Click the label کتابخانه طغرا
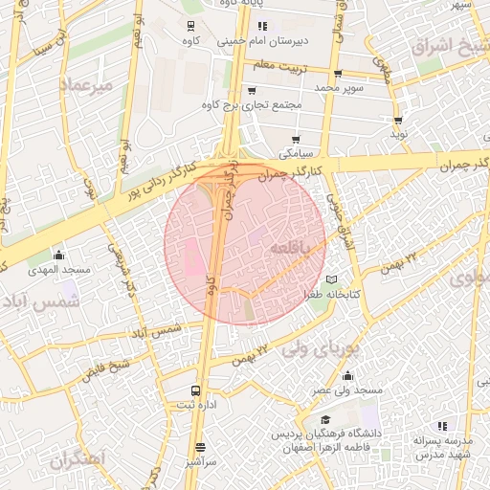pyautogui.click(x=333, y=295)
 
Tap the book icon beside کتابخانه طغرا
pyautogui.click(x=332, y=279)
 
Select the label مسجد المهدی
pyautogui.click(x=65, y=271)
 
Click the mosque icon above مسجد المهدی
pyautogui.click(x=59, y=256)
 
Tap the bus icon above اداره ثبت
pyautogui.click(x=195, y=390)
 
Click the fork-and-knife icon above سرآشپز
pyautogui.click(x=200, y=447)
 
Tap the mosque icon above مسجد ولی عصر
pyautogui.click(x=347, y=375)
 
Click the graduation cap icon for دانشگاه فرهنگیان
pyautogui.click(x=325, y=420)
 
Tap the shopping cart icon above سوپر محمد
pyautogui.click(x=338, y=74)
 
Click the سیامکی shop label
pyautogui.click(x=295, y=153)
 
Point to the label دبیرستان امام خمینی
pyautogui.click(x=262, y=41)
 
